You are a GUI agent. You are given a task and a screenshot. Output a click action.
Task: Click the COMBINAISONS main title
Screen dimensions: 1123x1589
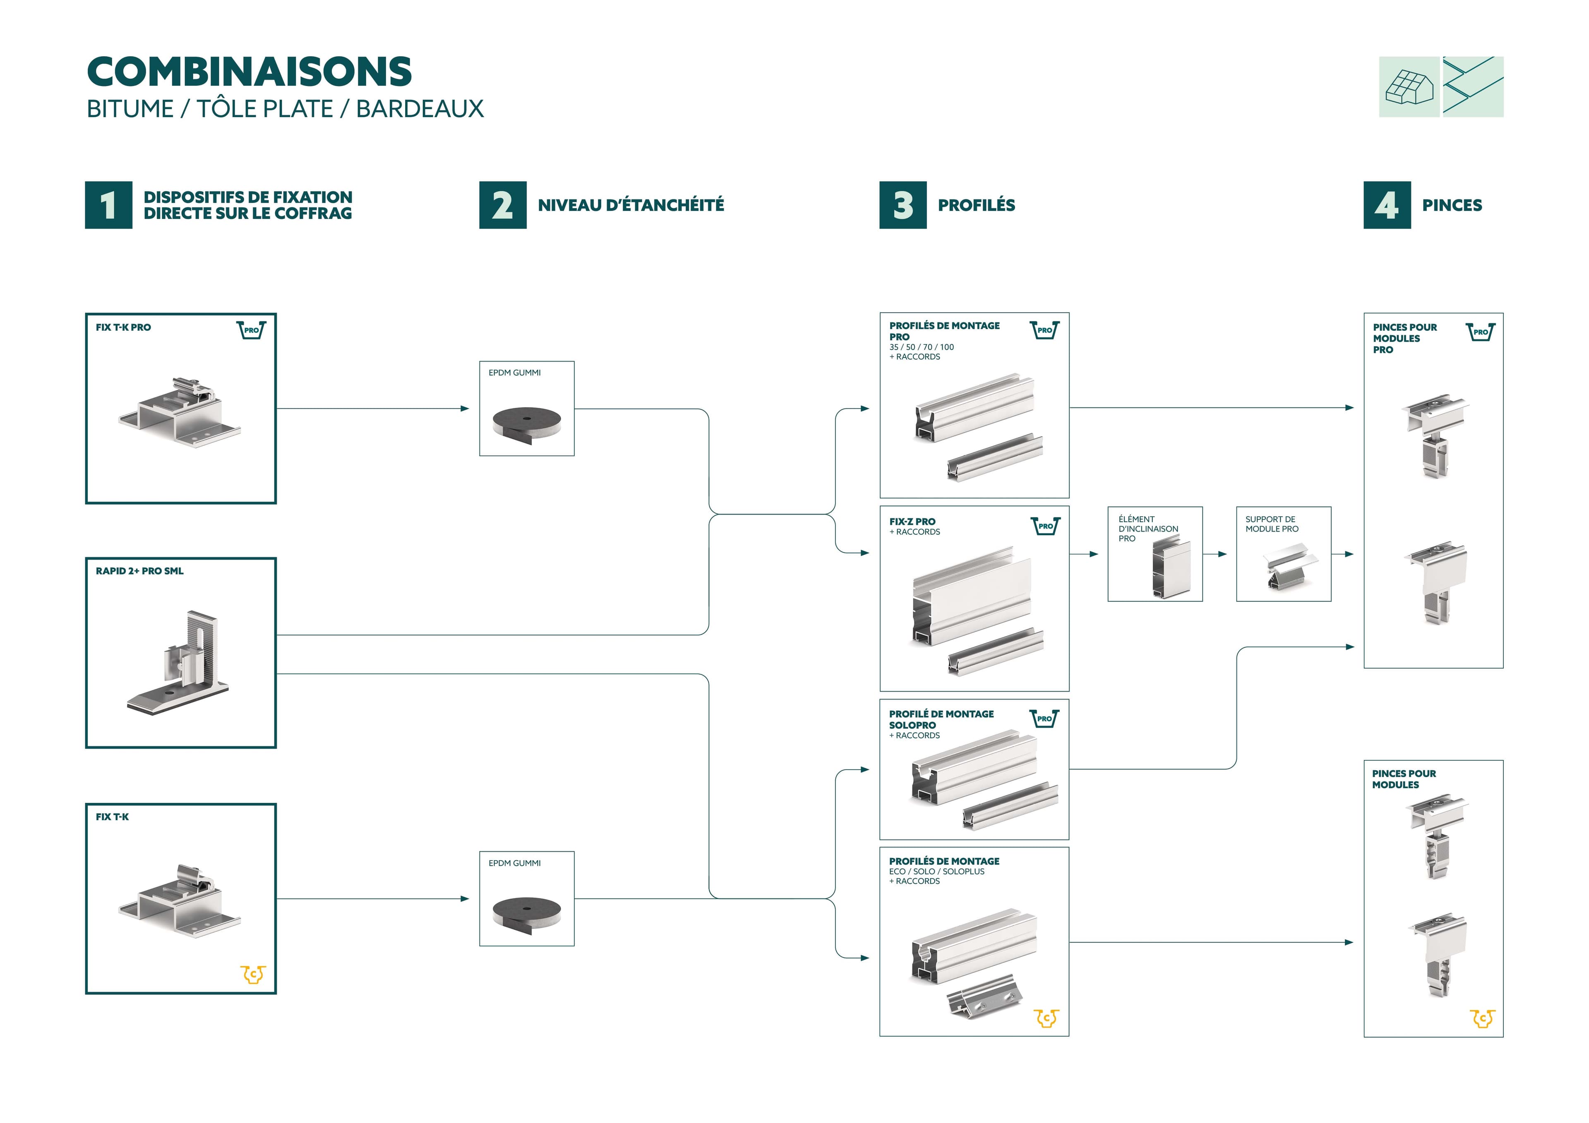[249, 72]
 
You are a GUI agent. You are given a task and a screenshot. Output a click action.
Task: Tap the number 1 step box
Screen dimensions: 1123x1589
[109, 205]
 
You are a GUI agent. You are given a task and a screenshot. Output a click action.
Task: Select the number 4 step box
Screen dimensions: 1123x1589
[1387, 205]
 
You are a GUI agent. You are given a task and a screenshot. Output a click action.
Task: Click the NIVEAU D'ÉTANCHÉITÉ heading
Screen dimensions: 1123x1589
[631, 205]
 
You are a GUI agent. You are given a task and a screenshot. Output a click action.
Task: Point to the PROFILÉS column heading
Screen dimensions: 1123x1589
[976, 205]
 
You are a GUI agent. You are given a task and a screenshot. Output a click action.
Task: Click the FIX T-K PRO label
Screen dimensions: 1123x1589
[123, 327]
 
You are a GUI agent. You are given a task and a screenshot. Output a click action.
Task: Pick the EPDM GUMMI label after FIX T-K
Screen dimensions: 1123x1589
[514, 863]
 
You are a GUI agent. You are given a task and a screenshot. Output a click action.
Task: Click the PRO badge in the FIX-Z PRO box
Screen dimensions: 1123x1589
[1045, 526]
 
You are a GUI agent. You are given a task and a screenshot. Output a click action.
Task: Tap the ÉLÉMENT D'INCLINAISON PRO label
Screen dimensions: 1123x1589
[1147, 529]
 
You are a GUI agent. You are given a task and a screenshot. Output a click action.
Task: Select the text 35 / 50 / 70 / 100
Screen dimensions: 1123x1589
[921, 347]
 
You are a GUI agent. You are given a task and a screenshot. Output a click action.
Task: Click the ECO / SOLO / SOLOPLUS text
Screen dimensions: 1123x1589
[936, 871]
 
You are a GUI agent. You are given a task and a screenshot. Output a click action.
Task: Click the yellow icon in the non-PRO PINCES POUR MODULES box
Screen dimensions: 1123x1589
[1482, 1018]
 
